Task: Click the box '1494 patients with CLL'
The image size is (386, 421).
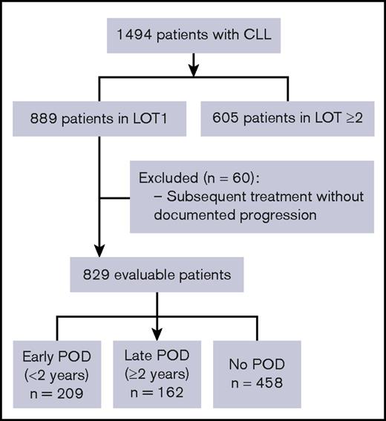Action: tap(193, 36)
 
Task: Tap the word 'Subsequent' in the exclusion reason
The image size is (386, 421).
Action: tap(196, 198)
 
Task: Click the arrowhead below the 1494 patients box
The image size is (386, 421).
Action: tap(193, 71)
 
